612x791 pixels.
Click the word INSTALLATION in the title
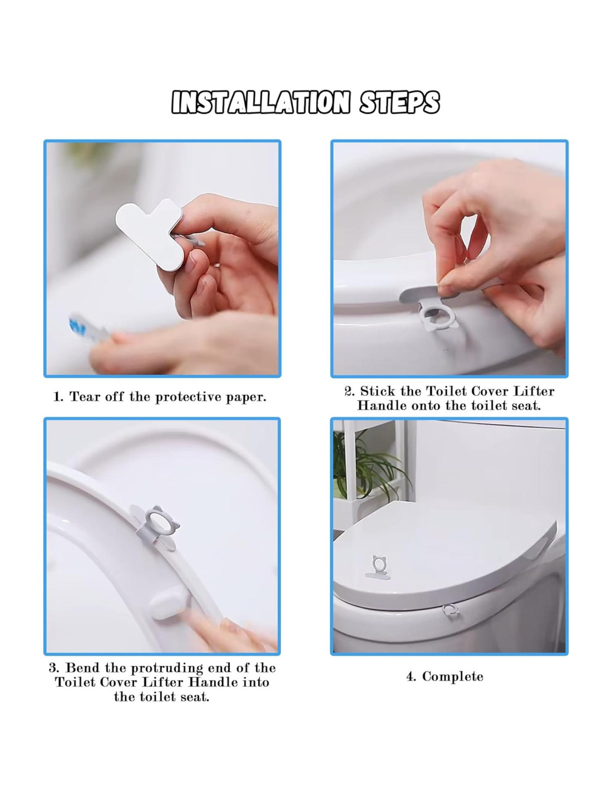260,102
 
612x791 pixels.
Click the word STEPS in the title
399,102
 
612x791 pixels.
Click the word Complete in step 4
452,677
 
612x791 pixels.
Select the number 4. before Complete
411,677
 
